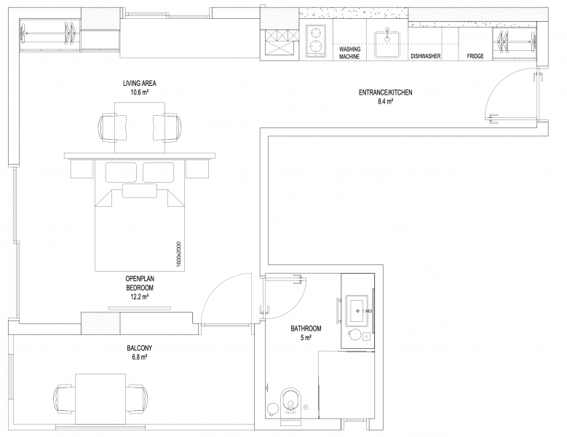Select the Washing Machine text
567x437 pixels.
point(349,53)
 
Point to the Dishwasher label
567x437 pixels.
point(426,56)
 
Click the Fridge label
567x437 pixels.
point(475,56)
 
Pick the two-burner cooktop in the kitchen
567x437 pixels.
point(316,41)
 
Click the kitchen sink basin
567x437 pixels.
point(387,44)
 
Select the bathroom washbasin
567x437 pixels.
point(357,310)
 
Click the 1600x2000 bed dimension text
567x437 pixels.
point(178,254)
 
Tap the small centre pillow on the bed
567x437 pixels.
point(140,191)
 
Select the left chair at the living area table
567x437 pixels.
point(112,127)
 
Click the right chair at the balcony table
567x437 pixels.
point(137,398)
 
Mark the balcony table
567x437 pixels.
point(100,398)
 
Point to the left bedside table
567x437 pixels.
point(82,168)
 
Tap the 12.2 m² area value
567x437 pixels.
point(140,297)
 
